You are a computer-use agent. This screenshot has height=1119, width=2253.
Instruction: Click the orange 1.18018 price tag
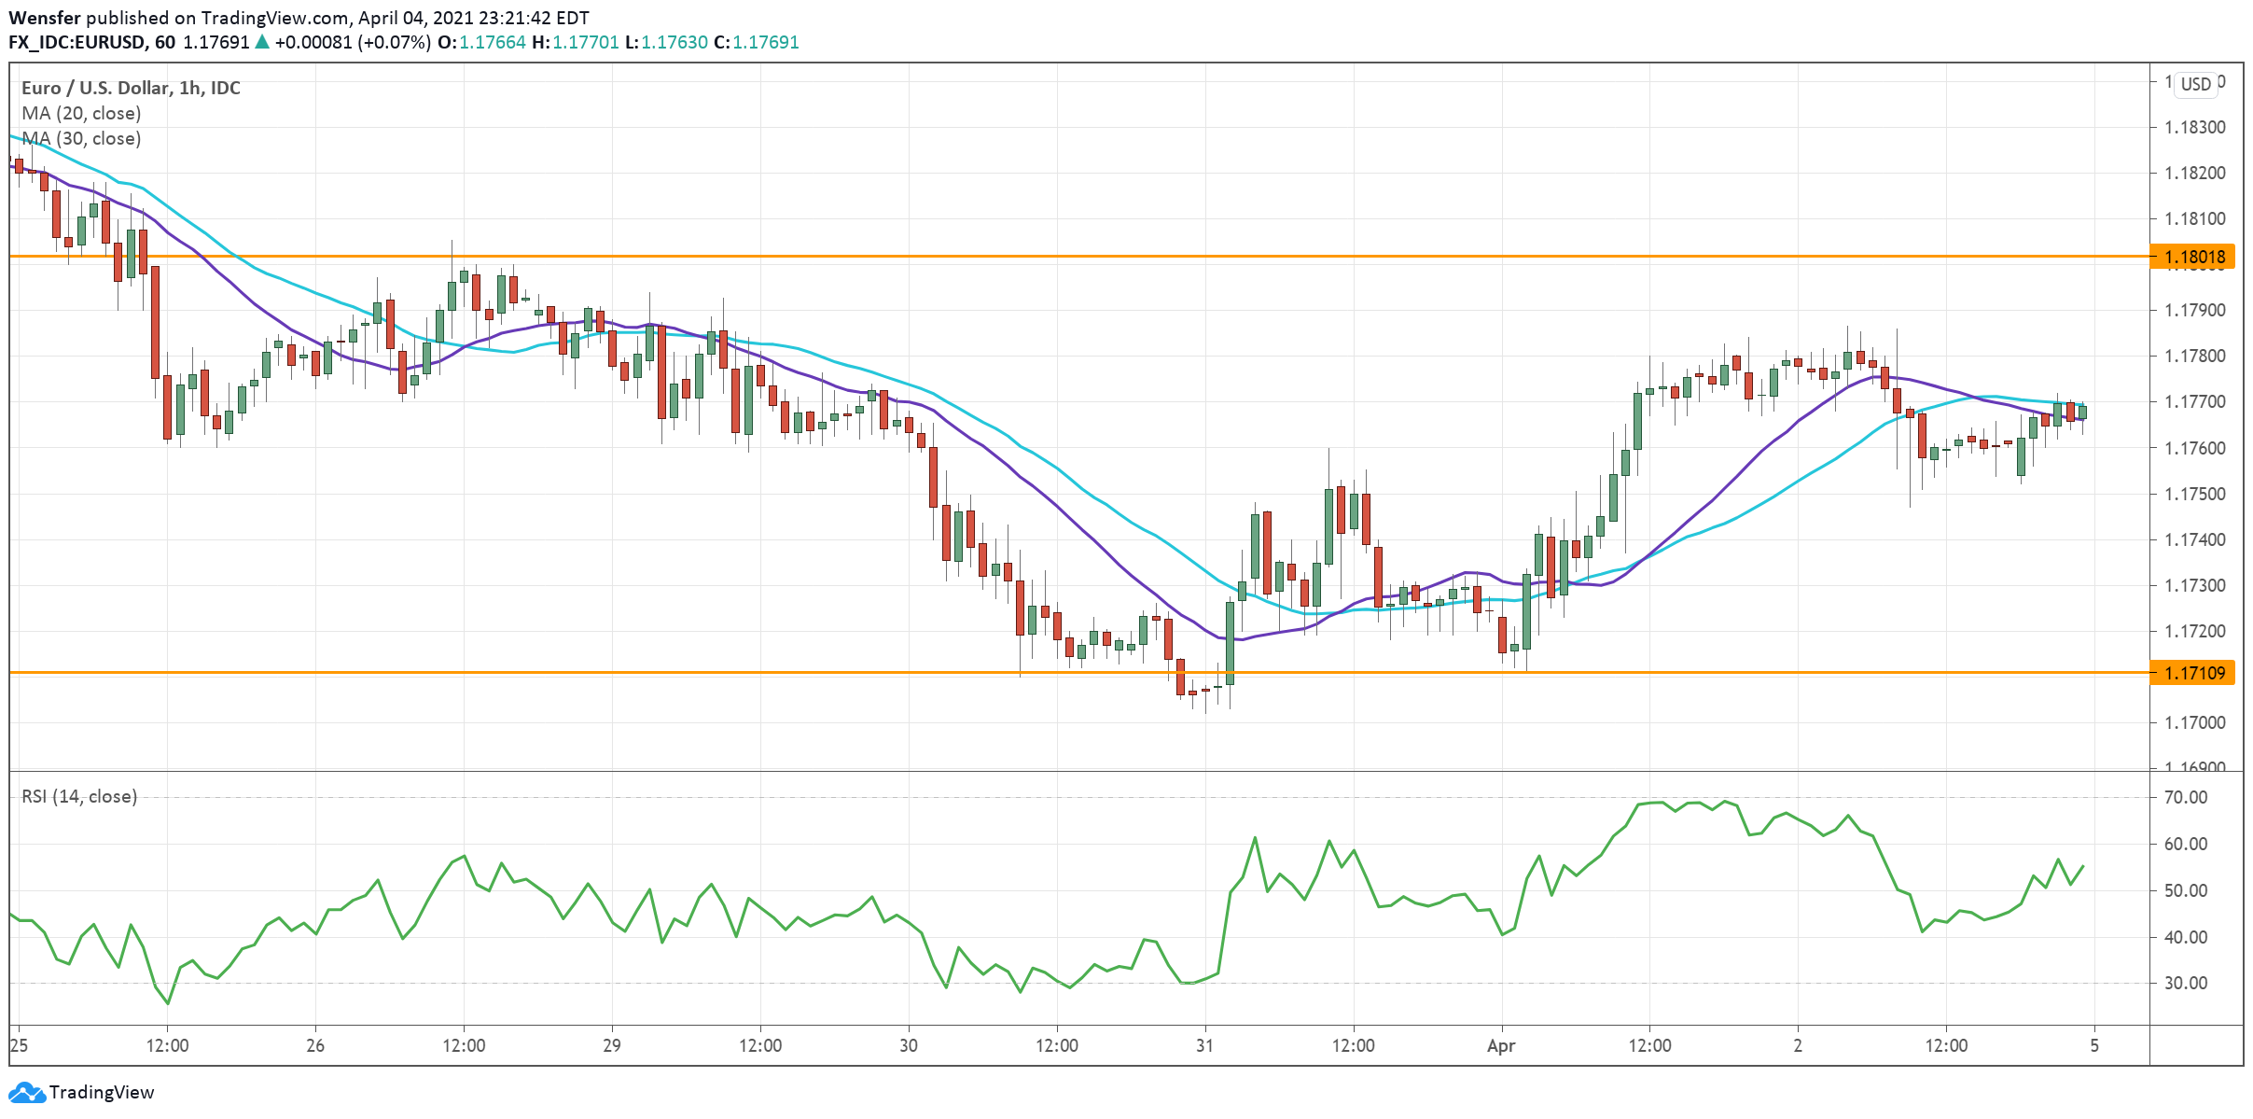pyautogui.click(x=2192, y=257)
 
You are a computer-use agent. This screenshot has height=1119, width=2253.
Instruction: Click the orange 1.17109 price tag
pyautogui.click(x=2192, y=673)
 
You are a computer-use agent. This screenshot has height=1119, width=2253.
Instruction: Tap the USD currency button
pyautogui.click(x=2195, y=84)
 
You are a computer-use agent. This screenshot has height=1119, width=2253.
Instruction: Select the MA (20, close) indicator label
pyautogui.click(x=81, y=113)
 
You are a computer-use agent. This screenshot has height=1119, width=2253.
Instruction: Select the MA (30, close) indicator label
pyautogui.click(x=81, y=138)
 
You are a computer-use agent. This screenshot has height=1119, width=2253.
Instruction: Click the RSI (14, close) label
pyautogui.click(x=79, y=796)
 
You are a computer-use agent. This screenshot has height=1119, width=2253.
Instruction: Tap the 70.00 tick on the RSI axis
pyautogui.click(x=2185, y=797)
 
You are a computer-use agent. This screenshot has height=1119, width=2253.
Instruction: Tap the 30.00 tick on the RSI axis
pyautogui.click(x=2185, y=983)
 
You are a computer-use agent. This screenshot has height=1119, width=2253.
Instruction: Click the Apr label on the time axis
pyautogui.click(x=1501, y=1045)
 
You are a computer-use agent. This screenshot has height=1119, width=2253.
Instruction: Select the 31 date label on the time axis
pyautogui.click(x=1204, y=1045)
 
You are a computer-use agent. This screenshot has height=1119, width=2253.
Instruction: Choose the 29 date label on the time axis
pyautogui.click(x=611, y=1045)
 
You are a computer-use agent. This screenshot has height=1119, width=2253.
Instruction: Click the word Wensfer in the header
pyautogui.click(x=45, y=18)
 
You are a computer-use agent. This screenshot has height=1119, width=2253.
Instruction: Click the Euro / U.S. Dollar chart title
pyautogui.click(x=131, y=88)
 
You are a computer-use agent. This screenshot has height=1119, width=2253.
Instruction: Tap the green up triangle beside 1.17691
pyautogui.click(x=262, y=42)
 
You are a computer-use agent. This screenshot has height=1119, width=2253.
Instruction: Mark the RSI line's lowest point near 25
pyautogui.click(x=168, y=1003)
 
